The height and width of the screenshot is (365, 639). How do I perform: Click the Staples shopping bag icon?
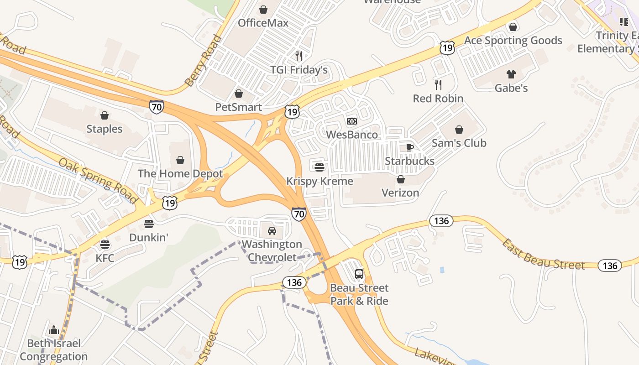click(x=105, y=115)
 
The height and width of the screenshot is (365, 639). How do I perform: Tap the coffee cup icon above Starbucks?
click(x=409, y=147)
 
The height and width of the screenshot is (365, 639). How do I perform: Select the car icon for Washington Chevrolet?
click(x=272, y=230)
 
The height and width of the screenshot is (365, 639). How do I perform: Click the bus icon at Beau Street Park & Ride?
click(x=359, y=274)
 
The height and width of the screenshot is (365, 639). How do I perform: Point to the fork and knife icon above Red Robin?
click(x=438, y=84)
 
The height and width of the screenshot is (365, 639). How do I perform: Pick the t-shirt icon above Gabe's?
click(x=511, y=74)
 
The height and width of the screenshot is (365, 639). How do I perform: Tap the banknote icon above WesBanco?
click(x=352, y=121)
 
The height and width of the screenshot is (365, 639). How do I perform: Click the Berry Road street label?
click(x=204, y=61)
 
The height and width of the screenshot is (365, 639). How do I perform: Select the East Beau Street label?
click(x=543, y=255)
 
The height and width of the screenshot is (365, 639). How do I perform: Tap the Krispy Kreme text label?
click(x=319, y=181)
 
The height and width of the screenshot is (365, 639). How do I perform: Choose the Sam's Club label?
click(x=459, y=143)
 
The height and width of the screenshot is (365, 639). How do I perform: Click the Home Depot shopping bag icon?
click(x=180, y=160)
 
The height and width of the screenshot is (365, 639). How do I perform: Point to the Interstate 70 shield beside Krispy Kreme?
click(x=299, y=213)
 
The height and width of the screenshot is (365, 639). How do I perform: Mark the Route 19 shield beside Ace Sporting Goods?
click(x=447, y=47)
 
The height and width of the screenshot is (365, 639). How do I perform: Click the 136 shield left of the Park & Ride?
click(x=294, y=282)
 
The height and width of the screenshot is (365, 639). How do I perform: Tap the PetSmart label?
click(x=239, y=107)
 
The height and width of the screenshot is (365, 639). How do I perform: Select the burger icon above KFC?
click(x=105, y=244)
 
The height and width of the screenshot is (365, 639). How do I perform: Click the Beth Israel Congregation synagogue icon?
click(x=54, y=329)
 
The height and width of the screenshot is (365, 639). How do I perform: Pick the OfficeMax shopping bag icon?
click(x=263, y=9)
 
